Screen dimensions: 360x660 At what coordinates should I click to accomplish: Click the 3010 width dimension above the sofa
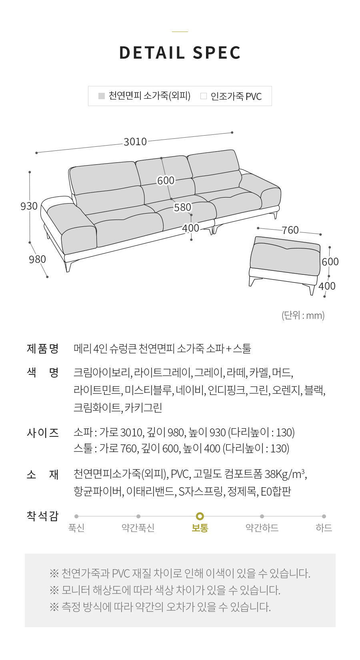point(135,142)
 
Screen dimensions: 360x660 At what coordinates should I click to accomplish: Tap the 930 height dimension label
point(29,206)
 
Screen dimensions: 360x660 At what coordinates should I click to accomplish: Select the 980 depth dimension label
point(38,259)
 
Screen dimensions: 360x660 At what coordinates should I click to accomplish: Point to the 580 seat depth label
point(183,208)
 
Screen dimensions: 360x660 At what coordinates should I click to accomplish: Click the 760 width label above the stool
point(290,230)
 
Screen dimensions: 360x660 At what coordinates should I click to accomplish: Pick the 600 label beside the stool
point(330,262)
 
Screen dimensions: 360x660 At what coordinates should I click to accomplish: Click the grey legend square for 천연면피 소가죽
point(101,96)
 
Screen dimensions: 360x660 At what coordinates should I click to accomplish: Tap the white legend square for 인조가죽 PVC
point(203,96)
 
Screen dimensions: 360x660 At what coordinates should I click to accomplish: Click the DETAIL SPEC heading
point(180,53)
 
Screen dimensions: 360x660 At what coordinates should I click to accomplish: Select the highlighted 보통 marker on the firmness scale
point(200,516)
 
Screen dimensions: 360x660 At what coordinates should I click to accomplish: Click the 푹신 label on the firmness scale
point(76,528)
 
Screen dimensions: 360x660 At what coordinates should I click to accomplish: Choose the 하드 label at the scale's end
point(324,528)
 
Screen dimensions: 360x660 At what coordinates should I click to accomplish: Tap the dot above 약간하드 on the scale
point(262,516)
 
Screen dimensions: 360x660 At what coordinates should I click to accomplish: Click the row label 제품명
point(43,348)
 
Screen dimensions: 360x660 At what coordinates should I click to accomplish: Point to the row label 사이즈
point(43,433)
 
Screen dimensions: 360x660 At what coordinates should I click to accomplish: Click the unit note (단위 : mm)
point(303,316)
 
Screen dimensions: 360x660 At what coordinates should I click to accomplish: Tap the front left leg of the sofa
point(69,266)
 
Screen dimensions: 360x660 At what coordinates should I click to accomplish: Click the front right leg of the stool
point(312,289)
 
